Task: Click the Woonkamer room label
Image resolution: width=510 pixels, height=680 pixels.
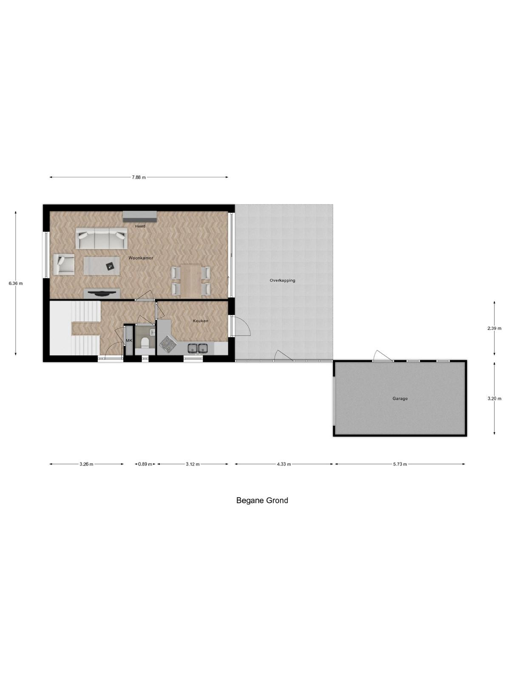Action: pyautogui.click(x=141, y=258)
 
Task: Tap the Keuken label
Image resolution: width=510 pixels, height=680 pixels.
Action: pyautogui.click(x=200, y=321)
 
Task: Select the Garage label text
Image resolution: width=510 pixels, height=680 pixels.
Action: pyautogui.click(x=400, y=398)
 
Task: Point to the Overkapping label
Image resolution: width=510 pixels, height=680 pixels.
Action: pyautogui.click(x=282, y=280)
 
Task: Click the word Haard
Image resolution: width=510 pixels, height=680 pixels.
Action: pyautogui.click(x=140, y=226)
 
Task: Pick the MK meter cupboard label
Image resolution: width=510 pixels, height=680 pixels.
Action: pyautogui.click(x=129, y=341)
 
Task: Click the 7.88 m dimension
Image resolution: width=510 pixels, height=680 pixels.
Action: pyautogui.click(x=139, y=178)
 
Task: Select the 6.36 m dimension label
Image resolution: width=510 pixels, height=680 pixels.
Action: pyautogui.click(x=15, y=283)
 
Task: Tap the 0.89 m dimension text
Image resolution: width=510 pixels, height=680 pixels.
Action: pyautogui.click(x=145, y=464)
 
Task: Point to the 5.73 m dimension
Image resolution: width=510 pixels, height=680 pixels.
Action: pyautogui.click(x=400, y=464)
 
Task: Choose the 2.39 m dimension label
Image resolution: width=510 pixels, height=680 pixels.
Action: pyautogui.click(x=494, y=329)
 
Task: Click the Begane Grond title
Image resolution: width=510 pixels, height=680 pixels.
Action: pyautogui.click(x=262, y=501)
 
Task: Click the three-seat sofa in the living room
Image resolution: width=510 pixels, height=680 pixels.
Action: pyautogui.click(x=102, y=238)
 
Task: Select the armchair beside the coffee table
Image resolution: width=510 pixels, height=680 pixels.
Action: pyautogui.click(x=64, y=264)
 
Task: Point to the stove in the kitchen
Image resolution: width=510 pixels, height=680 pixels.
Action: pyautogui.click(x=167, y=345)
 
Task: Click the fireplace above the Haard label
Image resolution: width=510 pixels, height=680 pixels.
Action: pyautogui.click(x=140, y=216)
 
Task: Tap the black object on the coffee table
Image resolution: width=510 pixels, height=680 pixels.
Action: pyautogui.click(x=110, y=266)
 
